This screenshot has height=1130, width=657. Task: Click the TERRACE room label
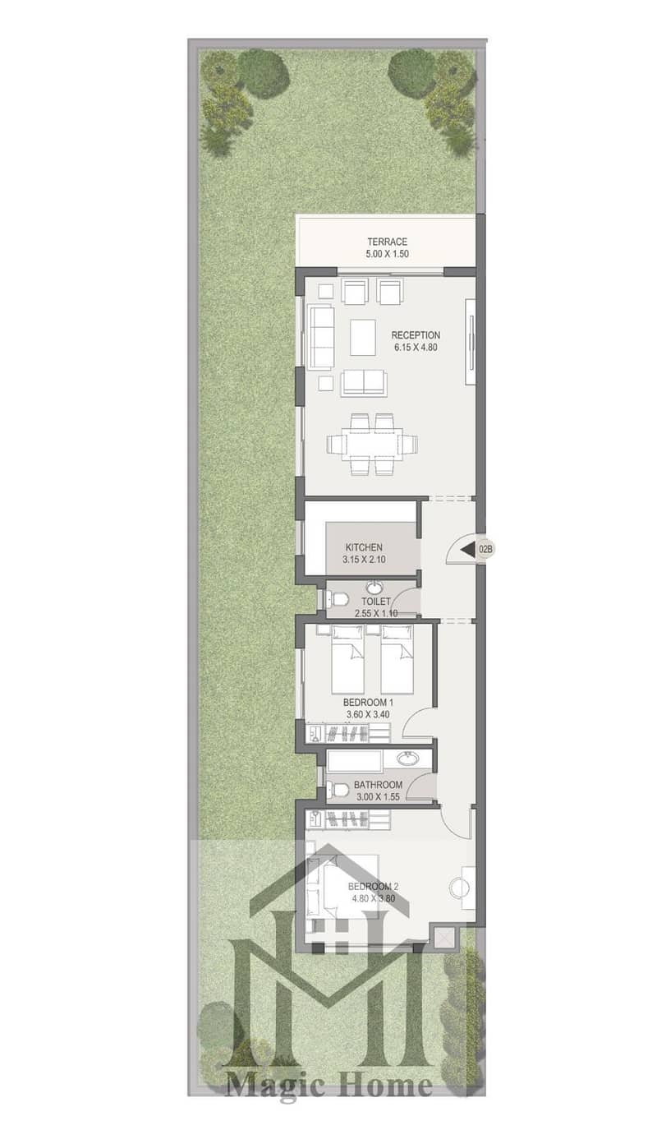[387, 242]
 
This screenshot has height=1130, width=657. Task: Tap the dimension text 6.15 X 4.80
[416, 347]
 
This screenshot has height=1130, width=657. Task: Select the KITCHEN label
[364, 547]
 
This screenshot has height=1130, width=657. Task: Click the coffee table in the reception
[363, 337]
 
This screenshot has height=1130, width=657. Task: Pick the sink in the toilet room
[374, 588]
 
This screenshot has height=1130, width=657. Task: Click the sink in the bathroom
[407, 759]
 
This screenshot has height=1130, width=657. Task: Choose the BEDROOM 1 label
[368, 702]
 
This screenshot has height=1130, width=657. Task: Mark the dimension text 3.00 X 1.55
[378, 797]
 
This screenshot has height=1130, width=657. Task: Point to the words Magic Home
[328, 1084]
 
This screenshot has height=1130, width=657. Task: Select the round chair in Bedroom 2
[458, 888]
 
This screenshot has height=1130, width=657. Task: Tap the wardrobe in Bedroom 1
[348, 732]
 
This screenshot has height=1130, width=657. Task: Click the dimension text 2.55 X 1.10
[376, 613]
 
